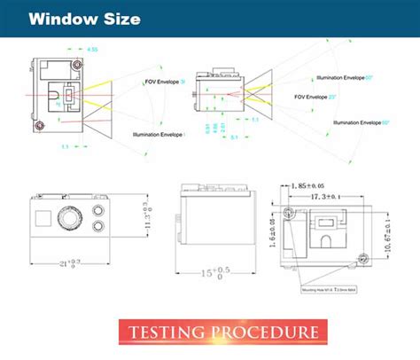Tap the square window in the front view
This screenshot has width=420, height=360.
[42, 218]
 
